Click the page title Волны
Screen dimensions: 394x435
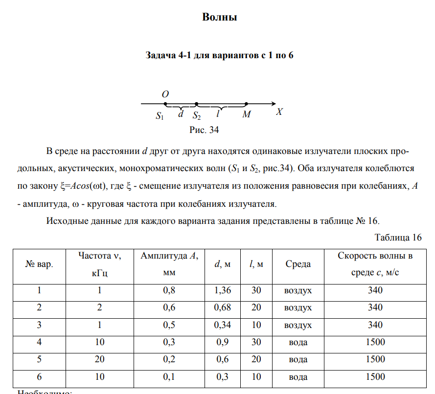(220, 18)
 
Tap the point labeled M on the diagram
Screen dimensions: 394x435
(246, 104)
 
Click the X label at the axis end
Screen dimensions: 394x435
(279, 112)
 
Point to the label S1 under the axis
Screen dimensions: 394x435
(160, 116)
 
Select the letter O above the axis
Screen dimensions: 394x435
(165, 94)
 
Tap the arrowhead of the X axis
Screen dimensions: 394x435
(273, 104)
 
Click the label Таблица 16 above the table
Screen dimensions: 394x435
(398, 238)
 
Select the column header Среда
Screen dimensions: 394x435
(298, 264)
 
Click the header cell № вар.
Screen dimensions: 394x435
(39, 264)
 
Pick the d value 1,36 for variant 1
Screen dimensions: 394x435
(223, 290)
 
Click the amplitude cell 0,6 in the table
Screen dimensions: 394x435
(168, 307)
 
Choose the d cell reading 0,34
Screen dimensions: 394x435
(223, 325)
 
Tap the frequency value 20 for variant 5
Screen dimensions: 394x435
(99, 359)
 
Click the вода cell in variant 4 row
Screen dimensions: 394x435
(298, 342)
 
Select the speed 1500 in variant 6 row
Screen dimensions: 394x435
(375, 377)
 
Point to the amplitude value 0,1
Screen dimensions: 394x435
(168, 377)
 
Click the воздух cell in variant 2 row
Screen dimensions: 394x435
(298, 307)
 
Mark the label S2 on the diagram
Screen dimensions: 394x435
(196, 116)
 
